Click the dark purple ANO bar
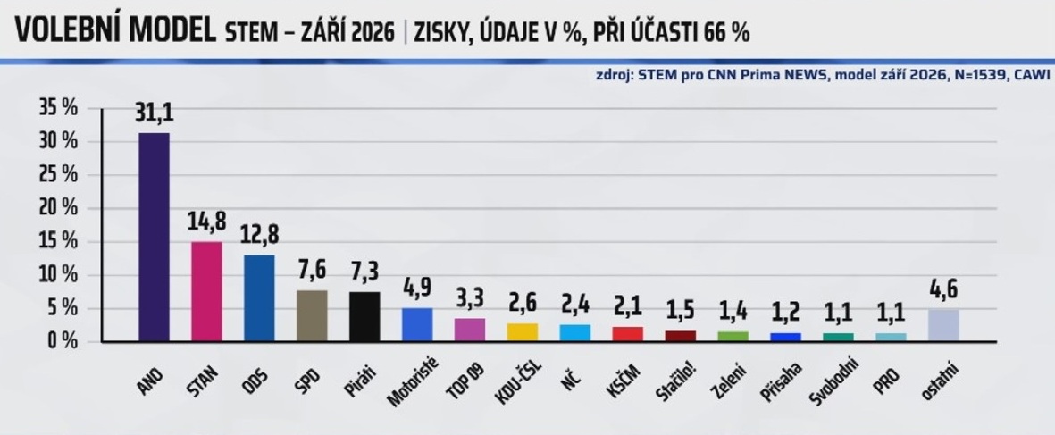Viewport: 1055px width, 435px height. pos(154,237)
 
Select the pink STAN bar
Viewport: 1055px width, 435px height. pos(206,291)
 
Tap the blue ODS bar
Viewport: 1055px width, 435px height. pos(259,297)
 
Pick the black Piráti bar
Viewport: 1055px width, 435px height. pos(364,317)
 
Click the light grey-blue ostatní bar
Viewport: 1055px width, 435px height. pos(943,325)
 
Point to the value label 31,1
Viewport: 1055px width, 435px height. pos(154,113)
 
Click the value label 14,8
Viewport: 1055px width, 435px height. pos(206,222)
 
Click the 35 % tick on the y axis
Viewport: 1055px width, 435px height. pos(61,108)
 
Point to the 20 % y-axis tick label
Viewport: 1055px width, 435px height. pos(61,208)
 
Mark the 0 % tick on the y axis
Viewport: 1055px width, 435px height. pos(64,341)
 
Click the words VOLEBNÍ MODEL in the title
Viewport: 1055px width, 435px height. pos(115,31)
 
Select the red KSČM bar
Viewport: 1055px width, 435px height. pos(628,334)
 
